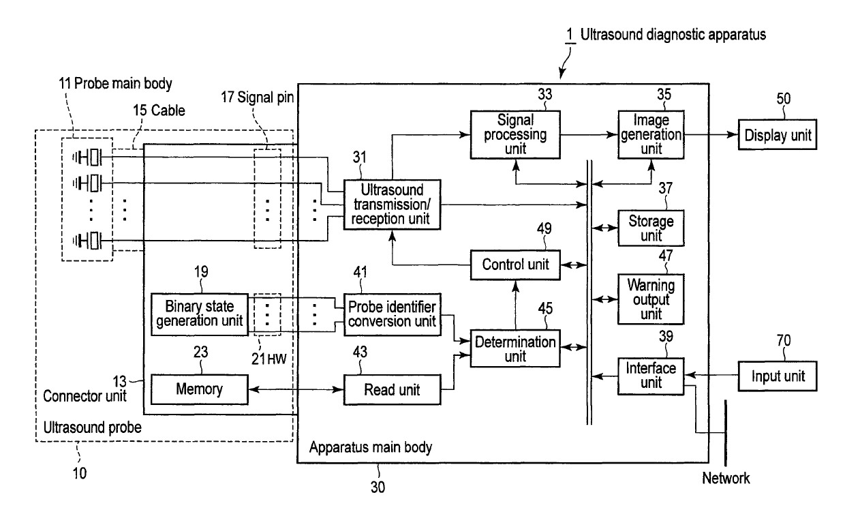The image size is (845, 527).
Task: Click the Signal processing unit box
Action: pos(515,134)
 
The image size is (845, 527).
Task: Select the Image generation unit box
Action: pos(651,134)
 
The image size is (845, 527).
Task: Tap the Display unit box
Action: pos(777,135)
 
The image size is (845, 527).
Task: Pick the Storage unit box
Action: pos(651,228)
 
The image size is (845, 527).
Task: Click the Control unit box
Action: pos(515,265)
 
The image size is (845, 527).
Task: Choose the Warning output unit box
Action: pos(651,299)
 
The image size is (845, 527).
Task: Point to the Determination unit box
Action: pos(515,348)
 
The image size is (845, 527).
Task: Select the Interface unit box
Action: pos(651,376)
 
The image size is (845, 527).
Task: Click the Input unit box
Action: pos(777,376)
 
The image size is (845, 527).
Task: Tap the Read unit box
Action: pos(392,389)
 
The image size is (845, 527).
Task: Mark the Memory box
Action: pos(200,389)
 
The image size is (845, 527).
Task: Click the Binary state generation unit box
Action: pos(200,314)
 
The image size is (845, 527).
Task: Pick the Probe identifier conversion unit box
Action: pos(392,314)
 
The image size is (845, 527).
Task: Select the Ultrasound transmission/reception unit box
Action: pos(392,205)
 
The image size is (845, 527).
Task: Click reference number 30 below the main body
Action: pos(378,487)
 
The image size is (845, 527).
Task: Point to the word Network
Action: pos(726,479)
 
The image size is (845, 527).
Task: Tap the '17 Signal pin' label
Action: pos(258,97)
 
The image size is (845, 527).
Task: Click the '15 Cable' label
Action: pos(159,110)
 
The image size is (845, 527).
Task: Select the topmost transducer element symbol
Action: pos(87,157)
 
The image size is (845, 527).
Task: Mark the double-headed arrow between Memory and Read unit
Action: pos(296,389)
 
